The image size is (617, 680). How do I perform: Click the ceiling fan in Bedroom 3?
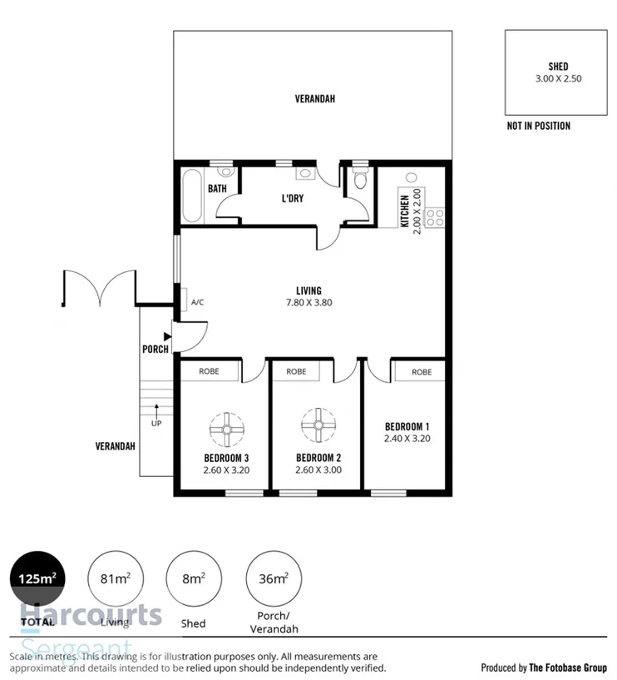pos(225,427)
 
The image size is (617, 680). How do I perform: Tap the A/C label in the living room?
pos(198,302)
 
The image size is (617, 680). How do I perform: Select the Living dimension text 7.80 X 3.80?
pos(308,303)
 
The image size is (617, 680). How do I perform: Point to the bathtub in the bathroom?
pos(191,196)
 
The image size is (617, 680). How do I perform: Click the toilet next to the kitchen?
pos(360,179)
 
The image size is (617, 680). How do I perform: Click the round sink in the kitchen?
pos(410,179)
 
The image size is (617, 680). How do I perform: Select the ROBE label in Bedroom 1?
pos(421,372)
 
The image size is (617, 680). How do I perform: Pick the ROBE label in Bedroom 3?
pos(209,371)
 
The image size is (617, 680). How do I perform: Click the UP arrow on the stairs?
pos(155,410)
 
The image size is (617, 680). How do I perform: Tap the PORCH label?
pos(155,349)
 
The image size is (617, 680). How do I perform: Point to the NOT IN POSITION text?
pos(538,127)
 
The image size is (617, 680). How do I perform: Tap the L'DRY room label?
pos(292,199)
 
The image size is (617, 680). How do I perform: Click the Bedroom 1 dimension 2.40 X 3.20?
pos(407,438)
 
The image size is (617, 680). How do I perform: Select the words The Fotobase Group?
pos(568,668)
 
